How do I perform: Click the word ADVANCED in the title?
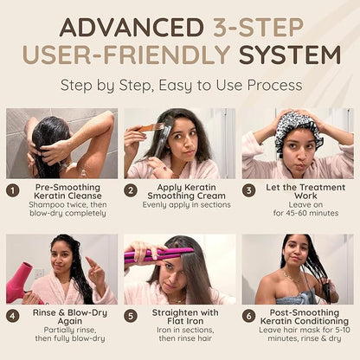click(x=132, y=28)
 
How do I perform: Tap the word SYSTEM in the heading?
click(x=290, y=55)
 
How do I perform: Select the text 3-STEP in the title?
click(x=259, y=28)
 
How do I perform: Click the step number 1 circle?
click(x=13, y=191)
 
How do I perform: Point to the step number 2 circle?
click(x=131, y=190)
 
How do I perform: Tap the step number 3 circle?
click(x=248, y=190)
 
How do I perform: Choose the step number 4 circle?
click(x=13, y=316)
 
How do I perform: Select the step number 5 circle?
click(x=131, y=316)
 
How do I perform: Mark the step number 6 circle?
click(x=248, y=316)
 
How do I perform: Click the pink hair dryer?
click(x=22, y=282)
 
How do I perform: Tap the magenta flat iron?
click(x=158, y=254)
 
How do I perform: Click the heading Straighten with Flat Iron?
click(x=185, y=317)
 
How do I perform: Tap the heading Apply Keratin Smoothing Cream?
click(x=186, y=191)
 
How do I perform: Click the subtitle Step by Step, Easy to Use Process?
click(x=182, y=86)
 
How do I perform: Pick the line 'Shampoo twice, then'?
click(x=67, y=205)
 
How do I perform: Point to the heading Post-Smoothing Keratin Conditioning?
click(x=305, y=317)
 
